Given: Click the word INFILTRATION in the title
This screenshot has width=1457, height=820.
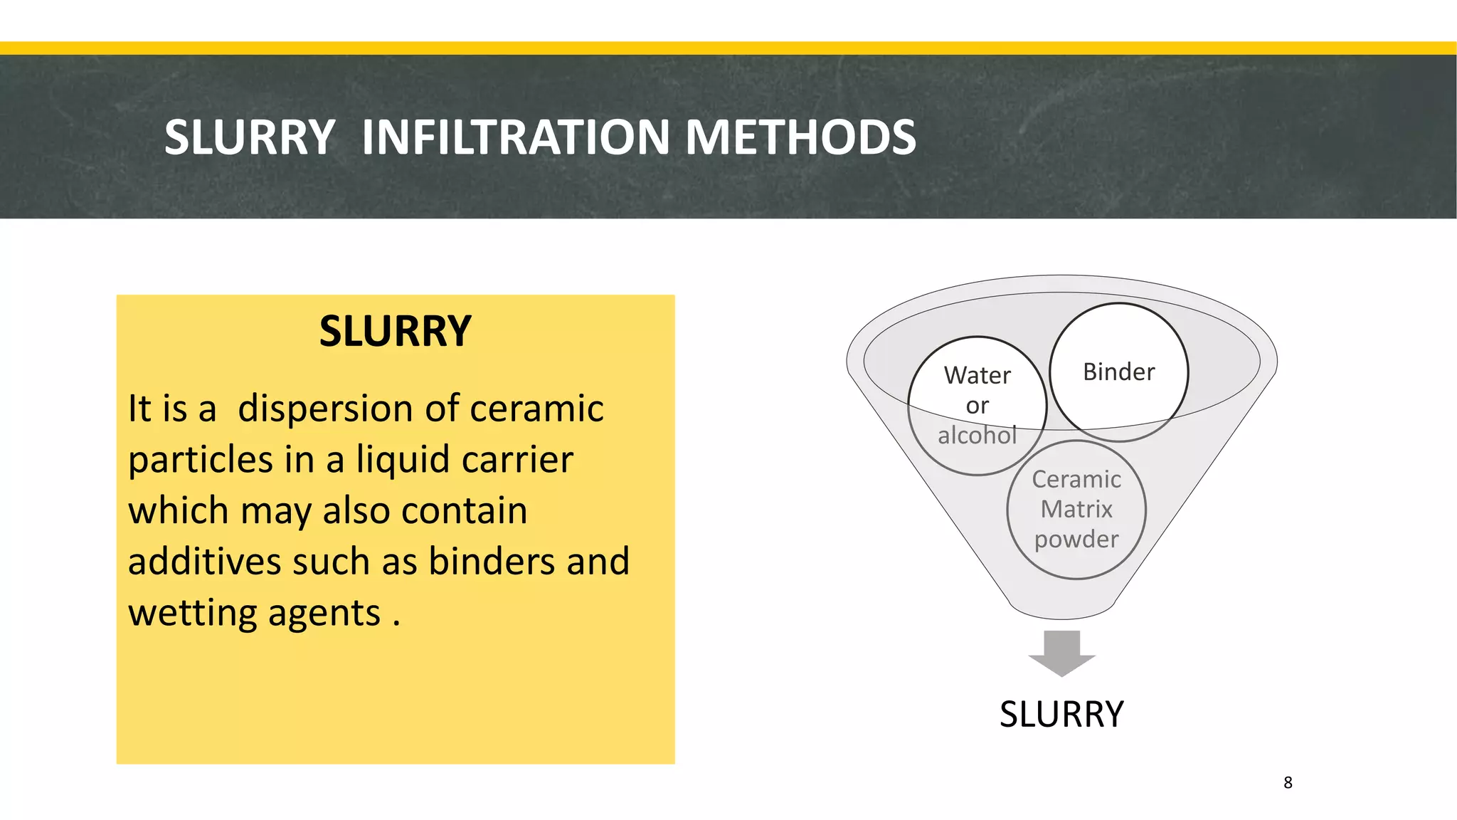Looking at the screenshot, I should pos(515,137).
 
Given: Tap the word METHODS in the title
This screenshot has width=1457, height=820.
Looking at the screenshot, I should pos(800,137).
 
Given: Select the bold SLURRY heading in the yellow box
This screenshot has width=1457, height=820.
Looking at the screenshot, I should pos(395,332).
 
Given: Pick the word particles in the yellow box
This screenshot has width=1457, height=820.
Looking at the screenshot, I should pos(201,461).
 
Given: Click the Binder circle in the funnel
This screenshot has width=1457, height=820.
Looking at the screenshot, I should pos(1118,372).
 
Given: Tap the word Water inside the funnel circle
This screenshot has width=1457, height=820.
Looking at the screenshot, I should pos(977,375).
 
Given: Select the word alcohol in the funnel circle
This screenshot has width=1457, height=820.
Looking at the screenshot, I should pos(977,435).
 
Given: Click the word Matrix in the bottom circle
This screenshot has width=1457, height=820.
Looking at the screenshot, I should pos(1076,510).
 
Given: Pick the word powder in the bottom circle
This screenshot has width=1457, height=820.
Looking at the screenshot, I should pos(1076,540).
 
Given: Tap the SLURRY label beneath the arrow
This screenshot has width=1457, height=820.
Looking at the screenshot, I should pos(1061,715).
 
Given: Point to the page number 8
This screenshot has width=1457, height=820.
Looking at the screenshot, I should pos(1288,783).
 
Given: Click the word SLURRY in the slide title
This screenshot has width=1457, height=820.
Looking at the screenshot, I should pos(249,137).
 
